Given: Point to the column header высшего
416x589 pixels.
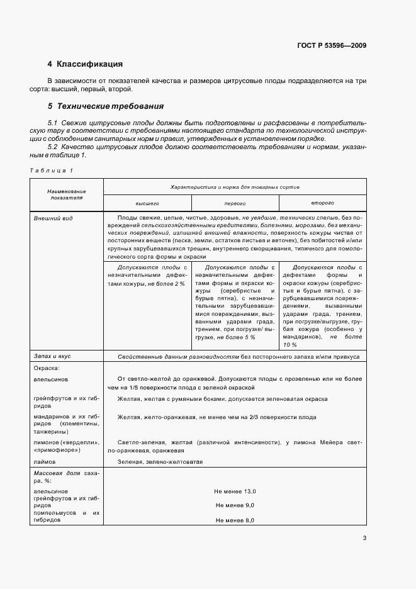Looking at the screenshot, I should (x=147, y=204).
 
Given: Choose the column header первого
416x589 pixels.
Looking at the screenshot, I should (x=234, y=204).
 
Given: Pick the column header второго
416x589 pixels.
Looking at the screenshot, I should (x=322, y=204).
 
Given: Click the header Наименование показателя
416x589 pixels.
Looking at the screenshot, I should (x=66, y=194).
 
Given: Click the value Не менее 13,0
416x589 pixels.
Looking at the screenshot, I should (x=234, y=491).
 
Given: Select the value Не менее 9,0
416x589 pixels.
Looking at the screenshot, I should (x=234, y=505).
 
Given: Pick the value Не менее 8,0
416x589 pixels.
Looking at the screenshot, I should (x=234, y=520).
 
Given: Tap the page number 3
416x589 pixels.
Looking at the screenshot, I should (x=364, y=538).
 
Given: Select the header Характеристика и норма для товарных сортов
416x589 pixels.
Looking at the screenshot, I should (x=234, y=188).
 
